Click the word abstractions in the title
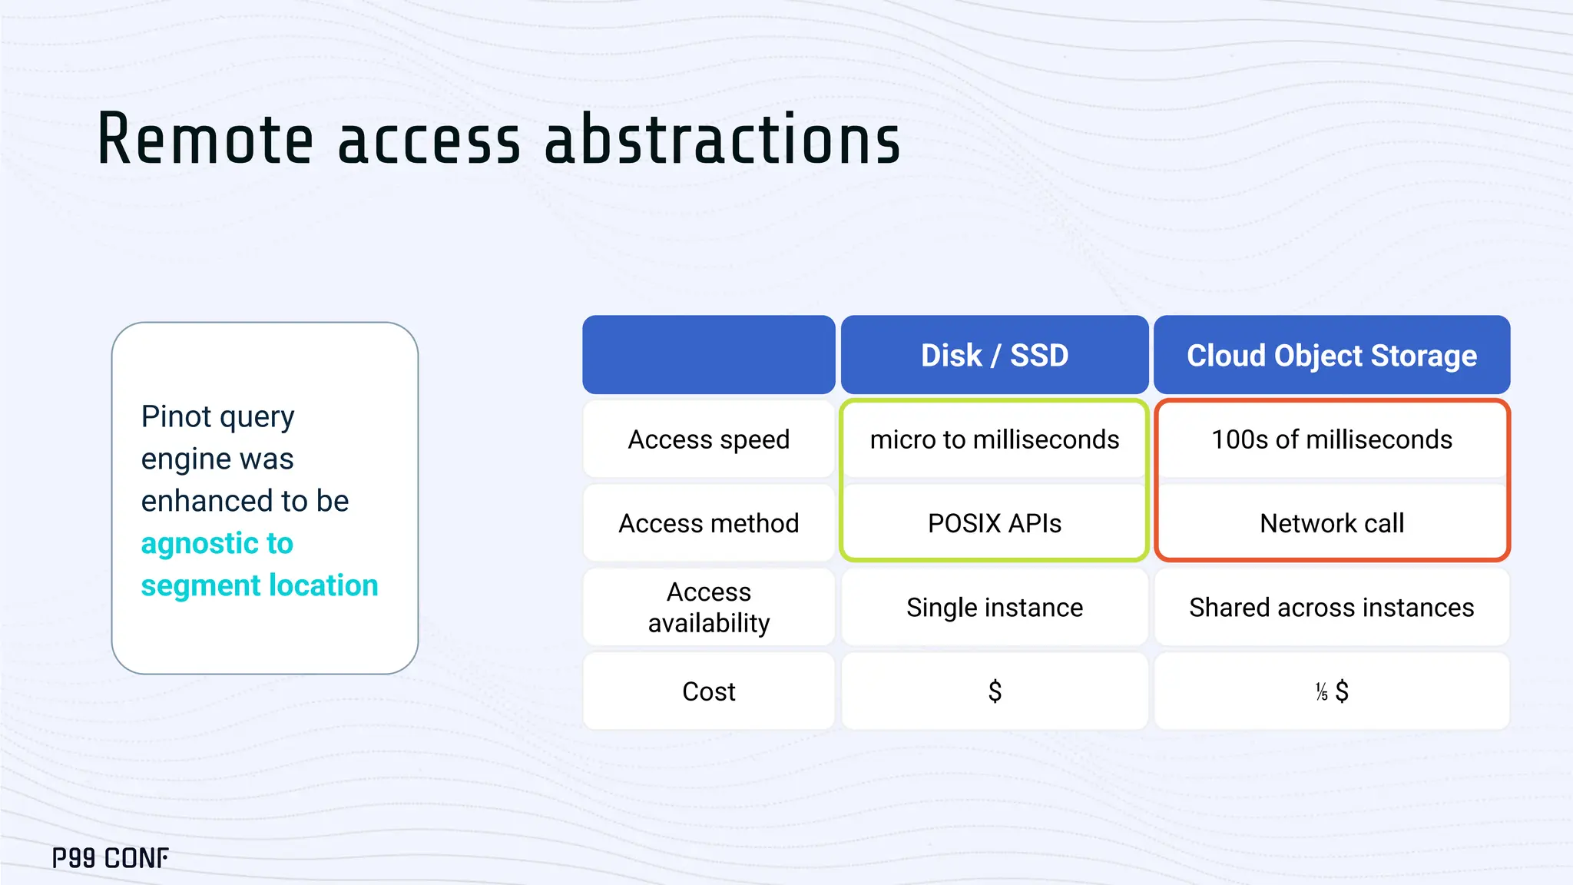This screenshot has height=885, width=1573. [722, 140]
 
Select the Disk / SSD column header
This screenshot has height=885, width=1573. [994, 356]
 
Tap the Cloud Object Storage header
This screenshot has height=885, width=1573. [1331, 356]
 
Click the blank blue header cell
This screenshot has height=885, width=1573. [708, 355]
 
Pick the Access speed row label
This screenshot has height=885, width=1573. [708, 439]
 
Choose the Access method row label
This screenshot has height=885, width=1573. [708, 523]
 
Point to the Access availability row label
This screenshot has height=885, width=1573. [708, 607]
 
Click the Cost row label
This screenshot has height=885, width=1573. [708, 691]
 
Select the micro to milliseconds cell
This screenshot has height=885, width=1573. [994, 439]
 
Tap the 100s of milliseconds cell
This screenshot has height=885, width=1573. [1331, 439]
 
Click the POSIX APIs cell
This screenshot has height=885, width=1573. [994, 523]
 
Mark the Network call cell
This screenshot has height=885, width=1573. [1331, 523]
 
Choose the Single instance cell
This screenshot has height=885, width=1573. [994, 608]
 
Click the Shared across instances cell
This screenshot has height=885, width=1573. [1331, 608]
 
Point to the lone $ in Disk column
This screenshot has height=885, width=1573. [995, 691]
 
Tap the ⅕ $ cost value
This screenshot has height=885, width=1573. [1331, 691]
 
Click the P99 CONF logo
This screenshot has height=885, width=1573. [110, 858]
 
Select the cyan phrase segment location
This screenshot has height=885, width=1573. [259, 585]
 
